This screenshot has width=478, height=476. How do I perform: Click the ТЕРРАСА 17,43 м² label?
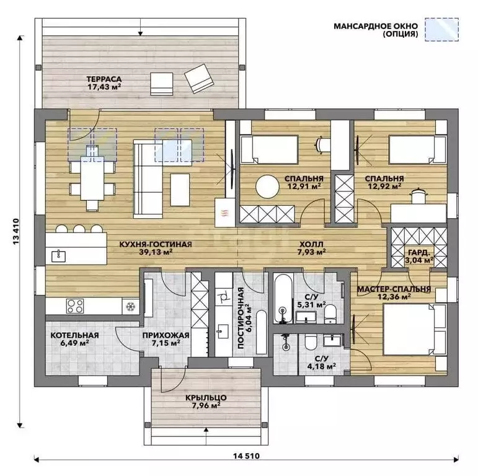(104, 83)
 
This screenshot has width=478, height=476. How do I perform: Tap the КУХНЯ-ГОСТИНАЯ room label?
(156, 244)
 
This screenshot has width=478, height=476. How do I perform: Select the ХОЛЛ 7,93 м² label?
(311, 248)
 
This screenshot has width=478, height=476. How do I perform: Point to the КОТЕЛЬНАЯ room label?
(74, 335)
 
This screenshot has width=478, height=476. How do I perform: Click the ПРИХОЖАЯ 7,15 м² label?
(166, 339)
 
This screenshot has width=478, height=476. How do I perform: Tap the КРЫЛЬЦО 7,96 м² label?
(206, 402)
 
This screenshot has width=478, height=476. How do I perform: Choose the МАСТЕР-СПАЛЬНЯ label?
(394, 289)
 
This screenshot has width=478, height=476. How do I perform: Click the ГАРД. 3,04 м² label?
(420, 257)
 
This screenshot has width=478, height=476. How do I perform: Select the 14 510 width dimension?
(246, 456)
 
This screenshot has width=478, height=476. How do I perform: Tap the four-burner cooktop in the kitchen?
(75, 306)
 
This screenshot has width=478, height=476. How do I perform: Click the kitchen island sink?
(58, 256)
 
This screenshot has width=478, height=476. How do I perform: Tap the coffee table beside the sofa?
(180, 190)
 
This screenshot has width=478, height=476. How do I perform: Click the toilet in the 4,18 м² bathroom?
(311, 342)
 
